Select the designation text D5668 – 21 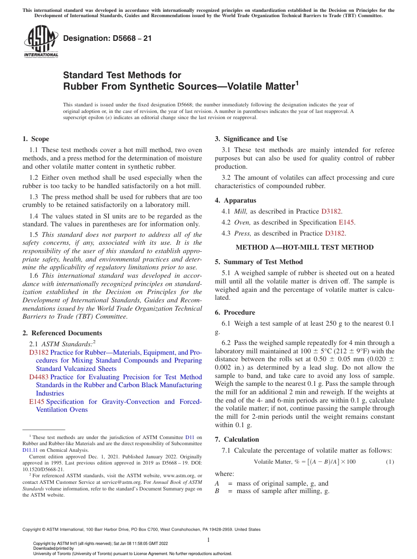[108, 38]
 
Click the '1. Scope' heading [36, 139]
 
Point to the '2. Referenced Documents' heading [62, 333]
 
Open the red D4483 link [39, 377]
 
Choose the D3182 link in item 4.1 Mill [331, 211]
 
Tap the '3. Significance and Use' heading [251, 139]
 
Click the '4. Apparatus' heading [235, 200]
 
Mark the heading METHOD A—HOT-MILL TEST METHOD [305, 247]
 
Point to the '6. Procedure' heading [235, 312]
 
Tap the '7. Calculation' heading [237, 439]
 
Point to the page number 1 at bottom [208, 540]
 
